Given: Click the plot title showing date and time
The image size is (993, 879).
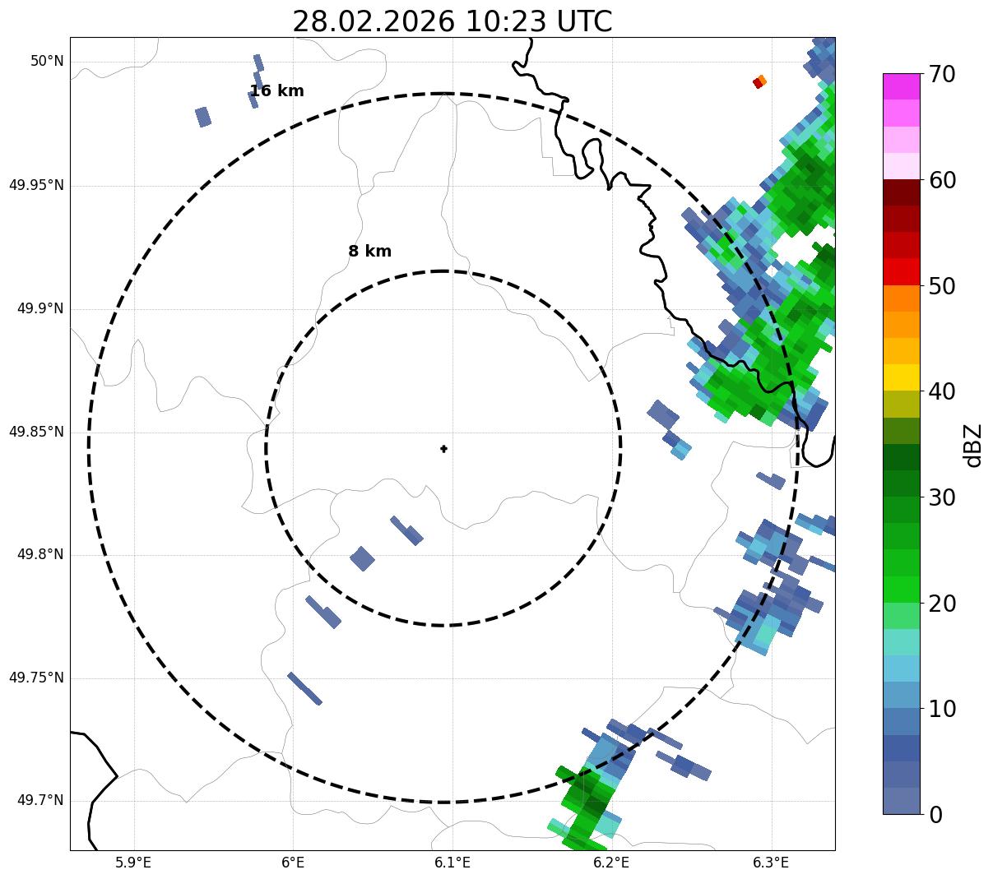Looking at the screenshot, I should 452,21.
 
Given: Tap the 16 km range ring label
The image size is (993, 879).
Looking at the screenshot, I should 276,91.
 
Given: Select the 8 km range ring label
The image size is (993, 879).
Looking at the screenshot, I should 369,252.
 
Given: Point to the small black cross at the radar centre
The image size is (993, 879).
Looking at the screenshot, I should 443,448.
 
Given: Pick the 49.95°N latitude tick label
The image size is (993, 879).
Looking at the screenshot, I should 36,185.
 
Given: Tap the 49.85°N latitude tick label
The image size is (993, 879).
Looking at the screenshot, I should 36,432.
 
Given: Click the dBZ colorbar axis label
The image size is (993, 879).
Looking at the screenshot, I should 973,445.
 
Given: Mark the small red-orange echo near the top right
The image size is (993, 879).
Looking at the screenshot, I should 759,82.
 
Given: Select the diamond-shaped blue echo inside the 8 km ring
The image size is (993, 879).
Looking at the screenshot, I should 362,559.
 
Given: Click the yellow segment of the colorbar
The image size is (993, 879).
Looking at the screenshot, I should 901,377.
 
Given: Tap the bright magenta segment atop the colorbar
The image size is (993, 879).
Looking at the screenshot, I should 901,86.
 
